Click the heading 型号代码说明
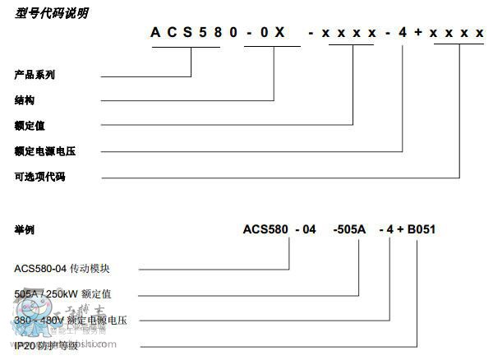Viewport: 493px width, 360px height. point(51,13)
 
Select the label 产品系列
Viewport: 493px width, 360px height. point(35,76)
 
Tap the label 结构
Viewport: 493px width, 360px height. point(25,100)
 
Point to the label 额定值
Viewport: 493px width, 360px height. point(30,126)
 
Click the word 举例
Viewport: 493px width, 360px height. point(25,229)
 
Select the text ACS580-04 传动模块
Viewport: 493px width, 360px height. point(61,268)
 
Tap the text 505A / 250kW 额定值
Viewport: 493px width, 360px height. point(62,293)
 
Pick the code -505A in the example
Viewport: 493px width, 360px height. point(349,229)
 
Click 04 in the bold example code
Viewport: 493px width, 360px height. point(307,229)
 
